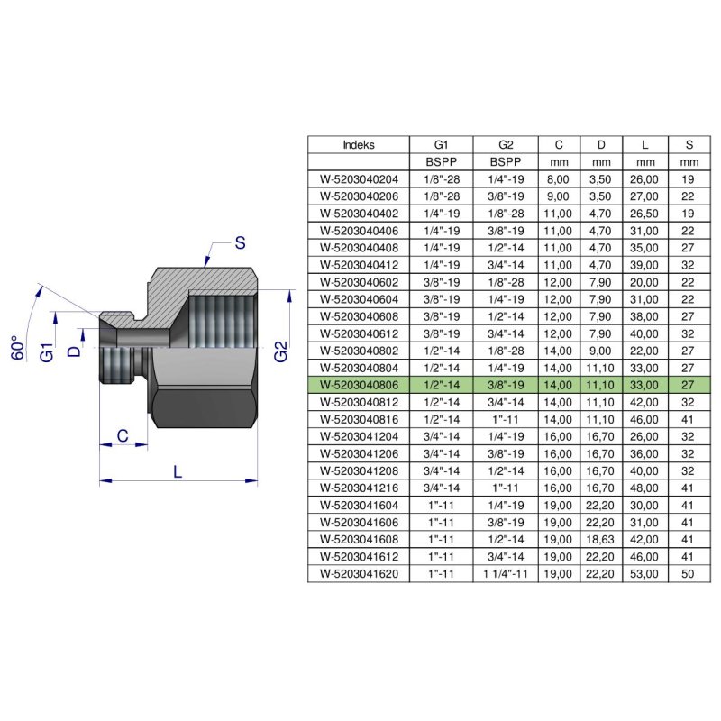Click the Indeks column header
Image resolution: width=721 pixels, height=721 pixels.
[x=359, y=145]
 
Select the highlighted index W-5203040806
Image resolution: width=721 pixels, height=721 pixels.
[x=359, y=385]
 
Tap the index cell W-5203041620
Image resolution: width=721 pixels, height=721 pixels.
[x=359, y=574]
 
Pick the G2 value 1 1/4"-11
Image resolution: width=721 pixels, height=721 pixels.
[x=506, y=574]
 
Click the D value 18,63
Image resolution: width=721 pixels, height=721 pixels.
[x=600, y=539]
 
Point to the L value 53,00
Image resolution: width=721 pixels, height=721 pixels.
[x=644, y=574]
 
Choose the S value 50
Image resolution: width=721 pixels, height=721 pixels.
[x=688, y=574]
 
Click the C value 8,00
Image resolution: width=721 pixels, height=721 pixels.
[x=558, y=179]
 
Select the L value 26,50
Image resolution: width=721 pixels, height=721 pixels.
[x=644, y=214]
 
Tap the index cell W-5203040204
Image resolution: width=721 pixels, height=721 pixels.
[x=359, y=179]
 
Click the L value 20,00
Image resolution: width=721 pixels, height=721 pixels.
[x=644, y=282]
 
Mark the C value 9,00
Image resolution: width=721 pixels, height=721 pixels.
[x=558, y=196]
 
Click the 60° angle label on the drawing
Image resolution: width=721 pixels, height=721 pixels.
[x=17, y=348]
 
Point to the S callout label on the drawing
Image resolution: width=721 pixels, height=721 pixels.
[x=240, y=242]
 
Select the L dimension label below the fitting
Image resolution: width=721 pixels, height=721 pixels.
[x=178, y=471]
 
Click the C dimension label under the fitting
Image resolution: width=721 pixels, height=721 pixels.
[x=123, y=435]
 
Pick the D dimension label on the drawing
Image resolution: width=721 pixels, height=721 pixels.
[x=74, y=351]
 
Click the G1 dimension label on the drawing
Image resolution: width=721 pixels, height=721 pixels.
[x=47, y=351]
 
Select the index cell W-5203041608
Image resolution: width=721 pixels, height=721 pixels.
[x=359, y=539]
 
